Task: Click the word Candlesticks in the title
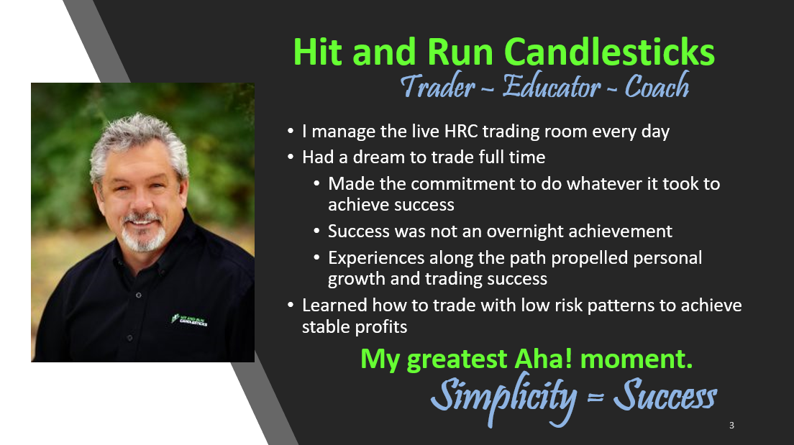coord(610,52)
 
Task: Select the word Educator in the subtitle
coord(552,86)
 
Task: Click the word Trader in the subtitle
coord(437,86)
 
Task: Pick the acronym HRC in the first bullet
coord(461,132)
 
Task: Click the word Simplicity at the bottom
coord(504,397)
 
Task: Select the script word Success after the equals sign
coord(665,395)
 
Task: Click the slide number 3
coord(731,426)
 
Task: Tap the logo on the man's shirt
coord(189,320)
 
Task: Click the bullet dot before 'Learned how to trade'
coord(290,305)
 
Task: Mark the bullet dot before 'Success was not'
coord(316,231)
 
